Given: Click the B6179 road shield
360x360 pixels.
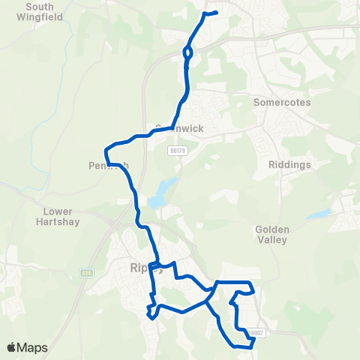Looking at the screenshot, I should [x=177, y=151].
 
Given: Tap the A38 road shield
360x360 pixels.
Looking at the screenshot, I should [x=87, y=271].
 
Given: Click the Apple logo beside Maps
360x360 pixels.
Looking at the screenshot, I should [x=12, y=348].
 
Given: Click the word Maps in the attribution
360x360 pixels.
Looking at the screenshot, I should [x=34, y=348].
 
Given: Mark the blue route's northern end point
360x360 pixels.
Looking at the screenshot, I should [x=216, y=12].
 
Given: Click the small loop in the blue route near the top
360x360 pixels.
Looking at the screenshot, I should [x=187, y=53].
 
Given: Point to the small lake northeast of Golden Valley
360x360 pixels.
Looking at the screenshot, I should [x=319, y=214].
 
